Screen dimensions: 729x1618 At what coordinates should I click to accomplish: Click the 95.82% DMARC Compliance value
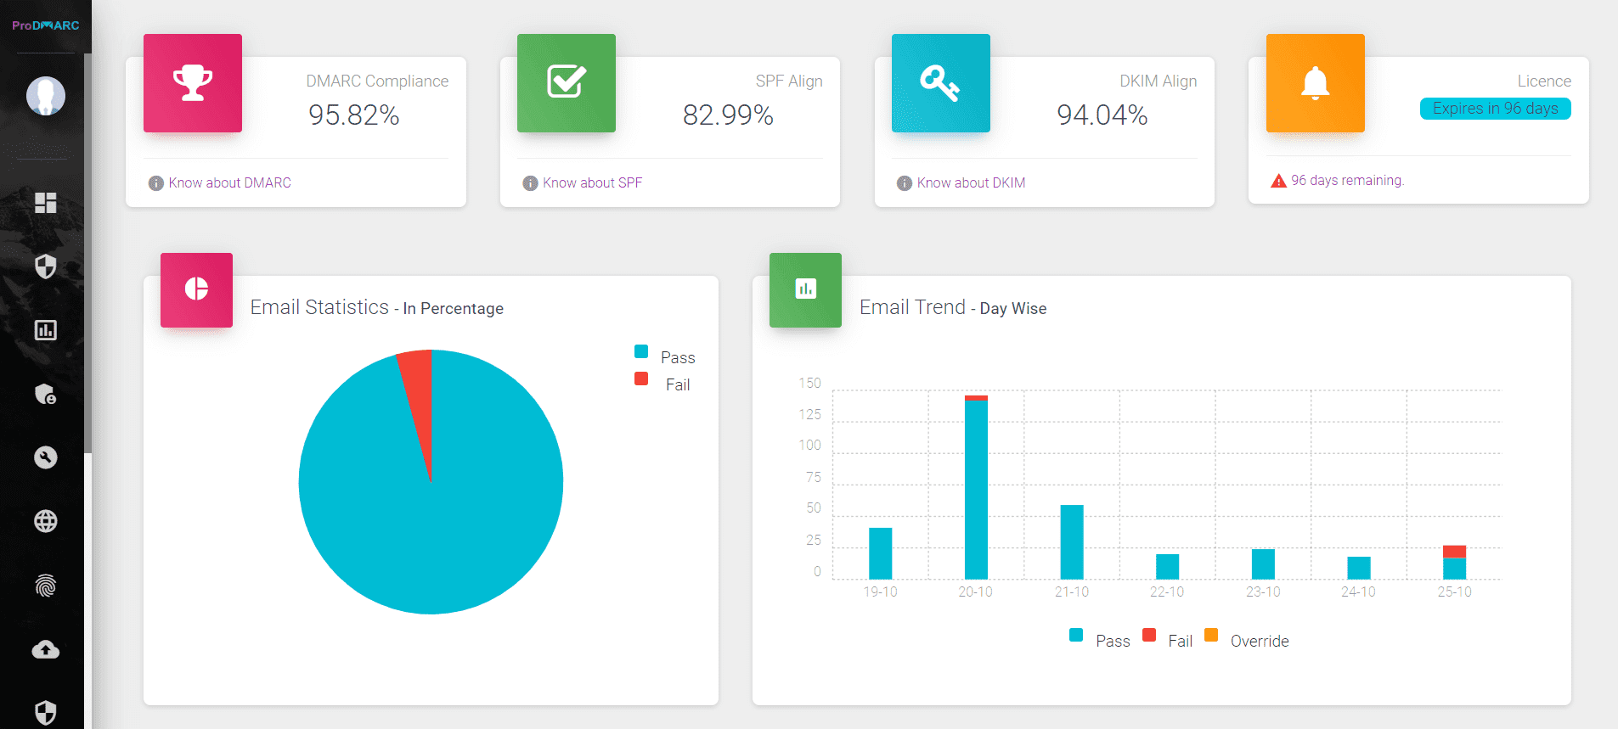(x=353, y=115)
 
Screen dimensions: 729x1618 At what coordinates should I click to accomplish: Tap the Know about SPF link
(x=592, y=182)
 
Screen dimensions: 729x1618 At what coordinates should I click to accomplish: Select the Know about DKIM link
(x=971, y=182)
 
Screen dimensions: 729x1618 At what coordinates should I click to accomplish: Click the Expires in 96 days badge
(x=1495, y=109)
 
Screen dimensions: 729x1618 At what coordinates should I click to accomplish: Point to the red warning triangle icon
(x=1278, y=181)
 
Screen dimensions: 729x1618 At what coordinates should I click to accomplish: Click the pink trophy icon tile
(x=193, y=83)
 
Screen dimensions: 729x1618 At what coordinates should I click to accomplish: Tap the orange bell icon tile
(x=1315, y=83)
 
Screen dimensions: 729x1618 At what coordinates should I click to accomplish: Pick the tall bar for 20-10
(x=976, y=488)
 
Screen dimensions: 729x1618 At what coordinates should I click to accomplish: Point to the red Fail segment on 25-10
(x=1454, y=551)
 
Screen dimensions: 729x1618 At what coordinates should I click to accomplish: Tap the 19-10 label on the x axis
(x=880, y=592)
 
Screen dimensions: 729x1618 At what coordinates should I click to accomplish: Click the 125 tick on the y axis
(x=809, y=414)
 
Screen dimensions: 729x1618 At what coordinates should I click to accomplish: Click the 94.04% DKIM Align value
(x=1102, y=115)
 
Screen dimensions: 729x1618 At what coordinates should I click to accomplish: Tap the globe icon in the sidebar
(x=46, y=521)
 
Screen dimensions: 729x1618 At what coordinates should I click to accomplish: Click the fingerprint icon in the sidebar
(x=46, y=586)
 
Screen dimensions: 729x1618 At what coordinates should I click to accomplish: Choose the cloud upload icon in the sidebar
(x=46, y=649)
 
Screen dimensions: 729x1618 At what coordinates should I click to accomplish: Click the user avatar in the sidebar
(x=46, y=96)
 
